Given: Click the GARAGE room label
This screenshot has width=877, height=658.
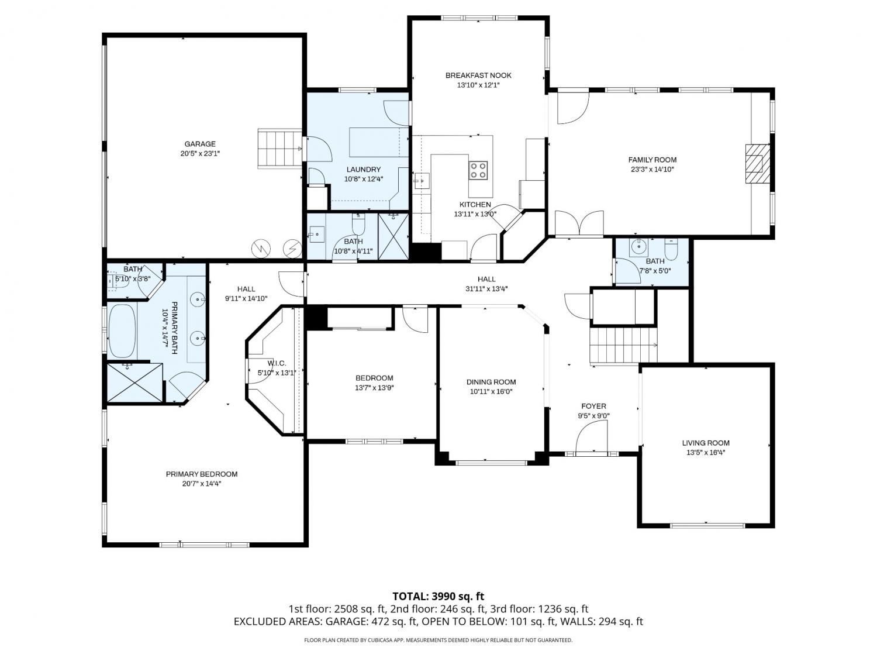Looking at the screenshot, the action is tap(200, 144).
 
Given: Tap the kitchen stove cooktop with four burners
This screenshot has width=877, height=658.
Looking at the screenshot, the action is tap(478, 170).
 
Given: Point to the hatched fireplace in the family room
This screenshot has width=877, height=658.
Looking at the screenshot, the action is tap(757, 163).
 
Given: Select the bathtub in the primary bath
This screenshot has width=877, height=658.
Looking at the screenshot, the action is tap(123, 331).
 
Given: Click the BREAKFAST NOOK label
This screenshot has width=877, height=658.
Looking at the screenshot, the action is tap(478, 75).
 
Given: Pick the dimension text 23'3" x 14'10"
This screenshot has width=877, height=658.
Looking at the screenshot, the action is tap(652, 170).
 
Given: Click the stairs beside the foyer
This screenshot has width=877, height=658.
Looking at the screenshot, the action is tap(623, 346).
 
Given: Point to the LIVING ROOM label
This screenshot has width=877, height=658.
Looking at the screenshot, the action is tap(706, 443).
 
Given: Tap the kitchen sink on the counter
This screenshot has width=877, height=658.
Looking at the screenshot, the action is tap(421, 181).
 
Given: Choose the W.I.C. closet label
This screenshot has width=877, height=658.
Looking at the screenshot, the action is tap(277, 363).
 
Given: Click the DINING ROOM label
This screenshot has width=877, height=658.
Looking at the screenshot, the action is tap(491, 382).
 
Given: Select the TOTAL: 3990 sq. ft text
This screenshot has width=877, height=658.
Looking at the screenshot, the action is tap(438, 597).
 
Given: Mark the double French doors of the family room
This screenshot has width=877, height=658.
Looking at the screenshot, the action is tap(579, 224).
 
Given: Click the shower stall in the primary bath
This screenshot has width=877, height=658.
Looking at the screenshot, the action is tap(135, 383).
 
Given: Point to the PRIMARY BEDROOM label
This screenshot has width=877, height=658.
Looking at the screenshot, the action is tap(202, 474).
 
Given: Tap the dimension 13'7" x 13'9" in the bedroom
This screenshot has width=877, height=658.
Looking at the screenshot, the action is tap(374, 388).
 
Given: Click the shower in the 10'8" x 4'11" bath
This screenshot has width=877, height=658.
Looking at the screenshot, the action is tap(393, 236).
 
